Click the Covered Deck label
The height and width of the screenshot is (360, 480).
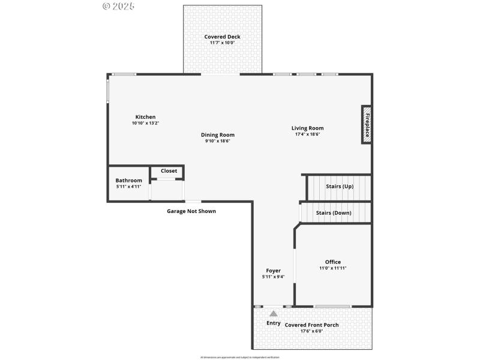coord(222,37)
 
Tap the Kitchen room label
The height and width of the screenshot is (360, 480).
coord(145,117)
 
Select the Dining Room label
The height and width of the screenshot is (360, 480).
coord(217,135)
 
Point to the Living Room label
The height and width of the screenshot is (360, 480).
coord(307,128)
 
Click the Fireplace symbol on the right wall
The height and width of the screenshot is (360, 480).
coord(366,125)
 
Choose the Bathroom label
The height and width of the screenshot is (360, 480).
coord(128,181)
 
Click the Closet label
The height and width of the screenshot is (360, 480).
coord(169,171)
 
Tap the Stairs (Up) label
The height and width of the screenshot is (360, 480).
coord(340,187)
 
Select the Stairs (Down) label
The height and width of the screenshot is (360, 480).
coord(334,213)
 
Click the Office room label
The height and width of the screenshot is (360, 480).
coord(332,262)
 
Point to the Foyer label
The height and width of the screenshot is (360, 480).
coord(273,271)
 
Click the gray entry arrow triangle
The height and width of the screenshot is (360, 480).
coord(274,313)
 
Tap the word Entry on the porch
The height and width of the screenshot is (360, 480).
coord(273,323)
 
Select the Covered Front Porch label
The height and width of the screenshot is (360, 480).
coord(311,325)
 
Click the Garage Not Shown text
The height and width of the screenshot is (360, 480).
coord(191,211)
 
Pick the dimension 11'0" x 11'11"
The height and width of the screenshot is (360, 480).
coord(332,268)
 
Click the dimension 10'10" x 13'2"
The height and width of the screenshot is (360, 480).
coord(145,123)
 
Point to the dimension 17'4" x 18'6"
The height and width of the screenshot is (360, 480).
coord(307,134)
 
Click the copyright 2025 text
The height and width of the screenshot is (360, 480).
coord(119,6)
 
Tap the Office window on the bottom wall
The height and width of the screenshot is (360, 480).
coord(332,307)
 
